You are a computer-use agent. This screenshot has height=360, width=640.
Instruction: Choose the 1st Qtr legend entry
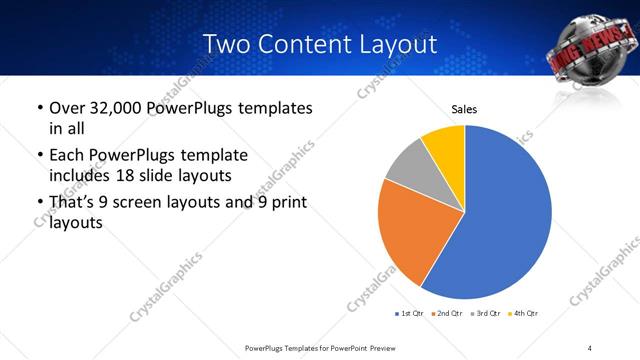(x=410, y=314)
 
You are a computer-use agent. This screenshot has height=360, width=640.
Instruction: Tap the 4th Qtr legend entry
(x=524, y=314)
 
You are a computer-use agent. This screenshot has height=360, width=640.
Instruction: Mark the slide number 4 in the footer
(x=590, y=347)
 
